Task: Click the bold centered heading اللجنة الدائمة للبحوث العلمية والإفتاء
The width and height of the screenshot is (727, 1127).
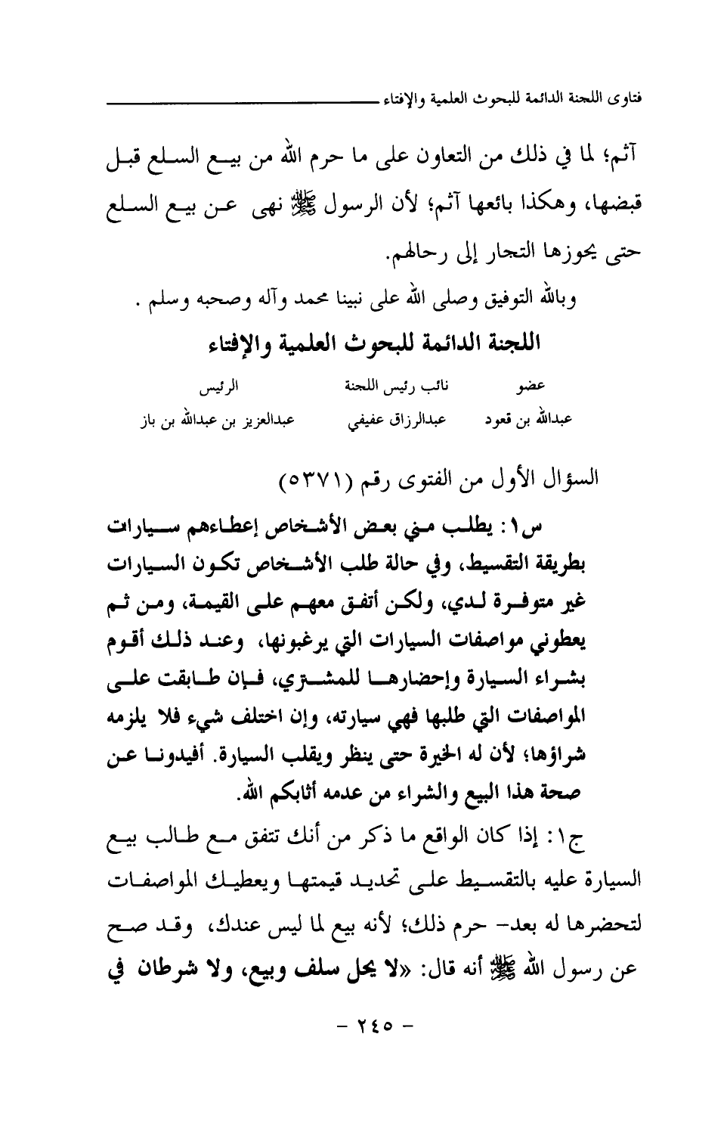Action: click(376, 344)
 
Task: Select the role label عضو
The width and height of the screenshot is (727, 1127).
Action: click(527, 391)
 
